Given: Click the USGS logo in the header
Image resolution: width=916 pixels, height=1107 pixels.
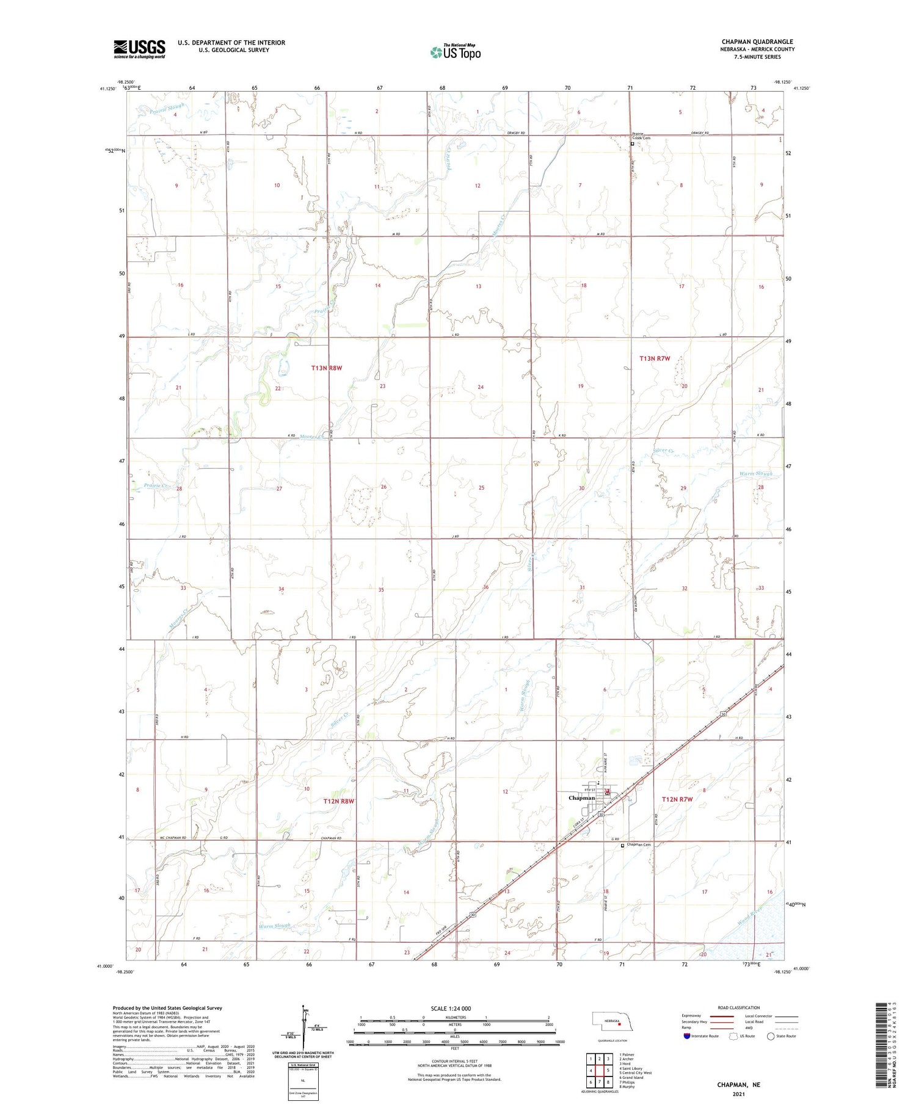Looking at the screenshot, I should [139, 49].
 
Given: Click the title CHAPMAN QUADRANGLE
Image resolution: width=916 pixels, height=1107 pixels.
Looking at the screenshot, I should [757, 42].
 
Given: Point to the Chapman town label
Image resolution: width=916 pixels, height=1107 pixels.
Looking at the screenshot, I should [581, 798].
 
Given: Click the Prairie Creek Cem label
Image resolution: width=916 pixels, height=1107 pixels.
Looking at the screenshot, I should [641, 136].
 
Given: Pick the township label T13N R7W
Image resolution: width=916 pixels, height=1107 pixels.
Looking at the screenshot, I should [654, 358].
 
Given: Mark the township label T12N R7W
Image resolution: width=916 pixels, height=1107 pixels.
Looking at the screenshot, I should [677, 799].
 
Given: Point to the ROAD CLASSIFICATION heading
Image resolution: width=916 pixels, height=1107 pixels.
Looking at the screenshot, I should [739, 1007].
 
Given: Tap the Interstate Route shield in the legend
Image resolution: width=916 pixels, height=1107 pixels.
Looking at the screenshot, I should [687, 1036].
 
